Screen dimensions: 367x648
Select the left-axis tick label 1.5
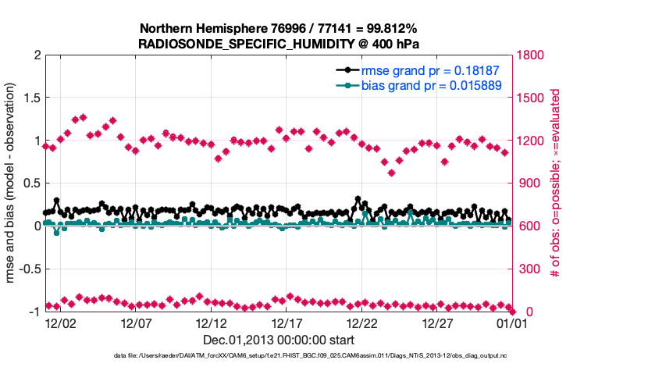(30, 98)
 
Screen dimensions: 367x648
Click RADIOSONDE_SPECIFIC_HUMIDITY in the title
(251, 44)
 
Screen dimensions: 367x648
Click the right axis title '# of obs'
(555, 183)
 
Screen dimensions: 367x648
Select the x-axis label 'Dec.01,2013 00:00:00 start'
(279, 340)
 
